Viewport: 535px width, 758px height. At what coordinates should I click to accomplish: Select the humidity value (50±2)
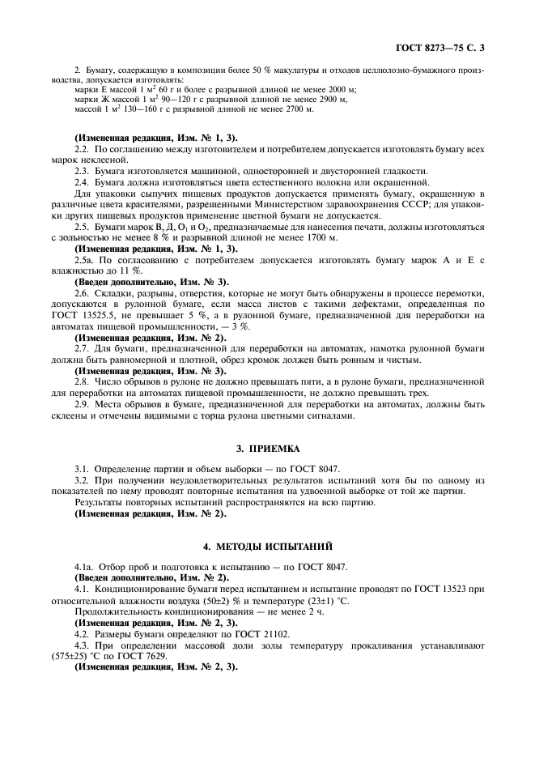216,603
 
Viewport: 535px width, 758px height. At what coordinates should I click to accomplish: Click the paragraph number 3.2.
82,480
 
